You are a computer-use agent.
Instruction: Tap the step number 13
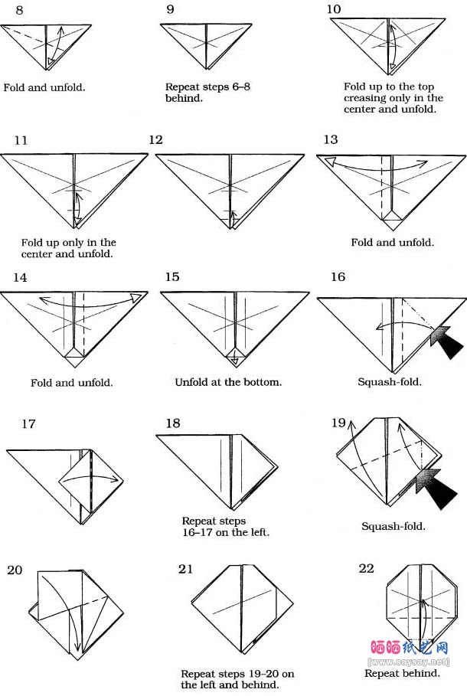pyautogui.click(x=331, y=139)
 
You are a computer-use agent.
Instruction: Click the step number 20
pyautogui.click(x=15, y=569)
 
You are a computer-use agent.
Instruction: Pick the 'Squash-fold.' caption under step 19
pyautogui.click(x=394, y=526)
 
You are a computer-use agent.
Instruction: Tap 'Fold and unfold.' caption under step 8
pyautogui.click(x=44, y=87)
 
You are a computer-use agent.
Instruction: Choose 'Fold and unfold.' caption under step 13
pyautogui.click(x=392, y=242)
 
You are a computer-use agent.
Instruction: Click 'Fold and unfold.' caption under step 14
pyautogui.click(x=72, y=382)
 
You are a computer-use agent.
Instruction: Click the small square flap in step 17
pyautogui.click(x=90, y=479)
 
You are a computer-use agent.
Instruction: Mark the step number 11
pyautogui.click(x=21, y=140)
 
